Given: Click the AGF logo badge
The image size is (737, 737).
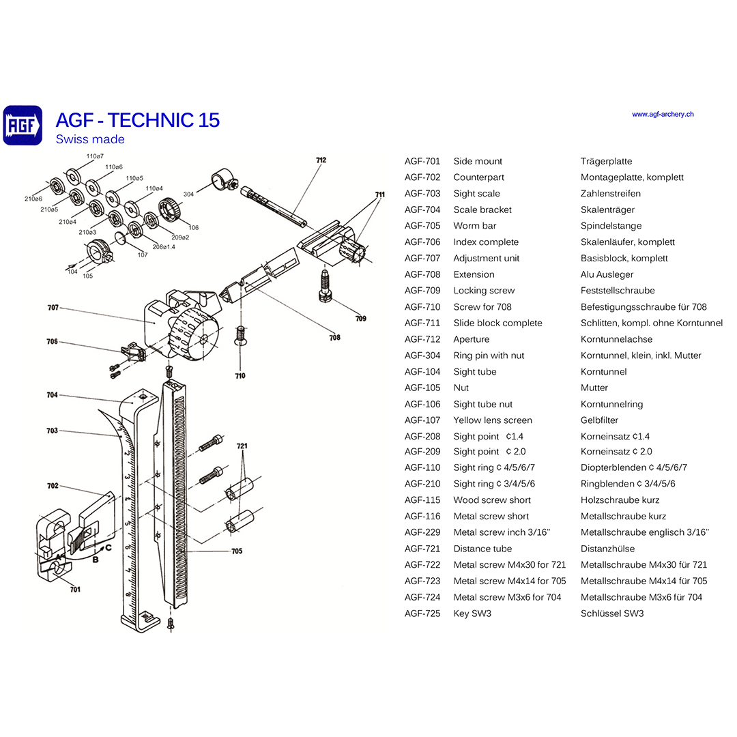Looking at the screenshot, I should pyautogui.click(x=23, y=125).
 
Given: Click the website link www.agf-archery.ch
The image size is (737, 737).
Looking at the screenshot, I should pyautogui.click(x=662, y=115).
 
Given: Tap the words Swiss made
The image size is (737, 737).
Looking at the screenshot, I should pyautogui.click(x=90, y=139).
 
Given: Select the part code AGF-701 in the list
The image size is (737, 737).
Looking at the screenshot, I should pyautogui.click(x=422, y=162).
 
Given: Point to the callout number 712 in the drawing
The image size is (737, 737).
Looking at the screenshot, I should pyautogui.click(x=321, y=160).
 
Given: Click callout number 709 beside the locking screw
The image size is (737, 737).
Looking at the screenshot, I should pyautogui.click(x=361, y=319).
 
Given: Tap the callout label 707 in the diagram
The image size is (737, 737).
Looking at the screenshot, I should pyautogui.click(x=53, y=308).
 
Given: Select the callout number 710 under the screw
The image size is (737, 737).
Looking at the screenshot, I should pyautogui.click(x=240, y=376).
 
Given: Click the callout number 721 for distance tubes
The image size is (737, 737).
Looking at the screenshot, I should pyautogui.click(x=242, y=446).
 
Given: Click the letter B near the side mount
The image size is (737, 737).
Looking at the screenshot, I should pyautogui.click(x=95, y=560).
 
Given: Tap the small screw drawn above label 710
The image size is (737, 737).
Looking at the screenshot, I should pyautogui.click(x=240, y=336).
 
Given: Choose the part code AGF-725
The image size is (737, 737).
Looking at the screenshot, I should pyautogui.click(x=422, y=613).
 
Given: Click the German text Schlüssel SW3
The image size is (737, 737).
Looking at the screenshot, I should pyautogui.click(x=611, y=613).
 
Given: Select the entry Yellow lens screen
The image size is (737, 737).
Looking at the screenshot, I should pyautogui.click(x=492, y=420).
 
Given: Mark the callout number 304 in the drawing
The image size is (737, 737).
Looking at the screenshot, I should pyautogui.click(x=188, y=194).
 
